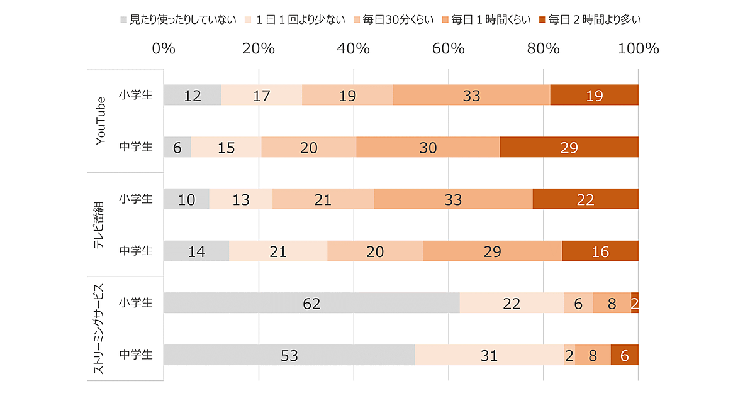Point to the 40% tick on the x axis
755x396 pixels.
[x=354, y=48]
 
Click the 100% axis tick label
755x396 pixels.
[x=638, y=48]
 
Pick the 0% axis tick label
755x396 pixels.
[x=164, y=48]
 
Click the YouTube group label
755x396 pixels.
[x=101, y=121]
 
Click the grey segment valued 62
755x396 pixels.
[x=311, y=303]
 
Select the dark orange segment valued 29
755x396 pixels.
[x=569, y=147]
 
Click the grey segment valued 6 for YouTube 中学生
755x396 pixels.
[x=177, y=147]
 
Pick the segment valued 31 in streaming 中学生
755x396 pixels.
[x=489, y=355]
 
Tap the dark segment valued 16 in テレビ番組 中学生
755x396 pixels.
[x=600, y=251]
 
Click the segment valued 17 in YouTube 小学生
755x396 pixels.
[x=261, y=95]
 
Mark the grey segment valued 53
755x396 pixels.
[x=289, y=355]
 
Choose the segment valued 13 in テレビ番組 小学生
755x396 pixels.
[x=241, y=199]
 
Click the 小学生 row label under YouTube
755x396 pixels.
[x=136, y=95]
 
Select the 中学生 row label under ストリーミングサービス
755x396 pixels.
[x=136, y=355]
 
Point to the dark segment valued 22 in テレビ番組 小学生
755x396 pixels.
[x=585, y=199]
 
